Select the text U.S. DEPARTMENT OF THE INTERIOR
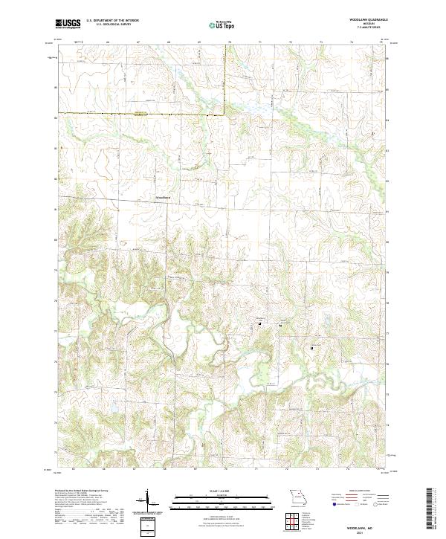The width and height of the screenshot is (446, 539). [x=109, y=22]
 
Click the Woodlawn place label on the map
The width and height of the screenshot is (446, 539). [x=162, y=197]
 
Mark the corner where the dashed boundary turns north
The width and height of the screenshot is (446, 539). [x=225, y=114]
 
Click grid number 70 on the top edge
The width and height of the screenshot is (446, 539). [x=230, y=43]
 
